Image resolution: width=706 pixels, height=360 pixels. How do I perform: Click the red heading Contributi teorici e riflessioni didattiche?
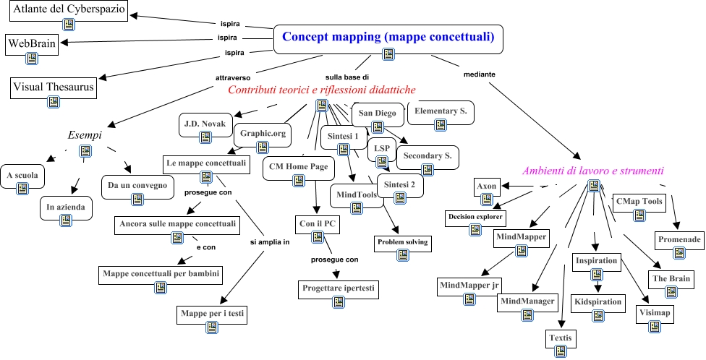(321, 90)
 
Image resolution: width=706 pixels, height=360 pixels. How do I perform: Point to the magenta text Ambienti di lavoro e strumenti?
(593, 171)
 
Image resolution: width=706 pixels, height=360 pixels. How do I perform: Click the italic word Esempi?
(85, 135)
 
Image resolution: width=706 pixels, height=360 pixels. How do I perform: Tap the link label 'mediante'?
(477, 74)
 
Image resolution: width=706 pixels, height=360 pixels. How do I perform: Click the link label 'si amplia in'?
(269, 242)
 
